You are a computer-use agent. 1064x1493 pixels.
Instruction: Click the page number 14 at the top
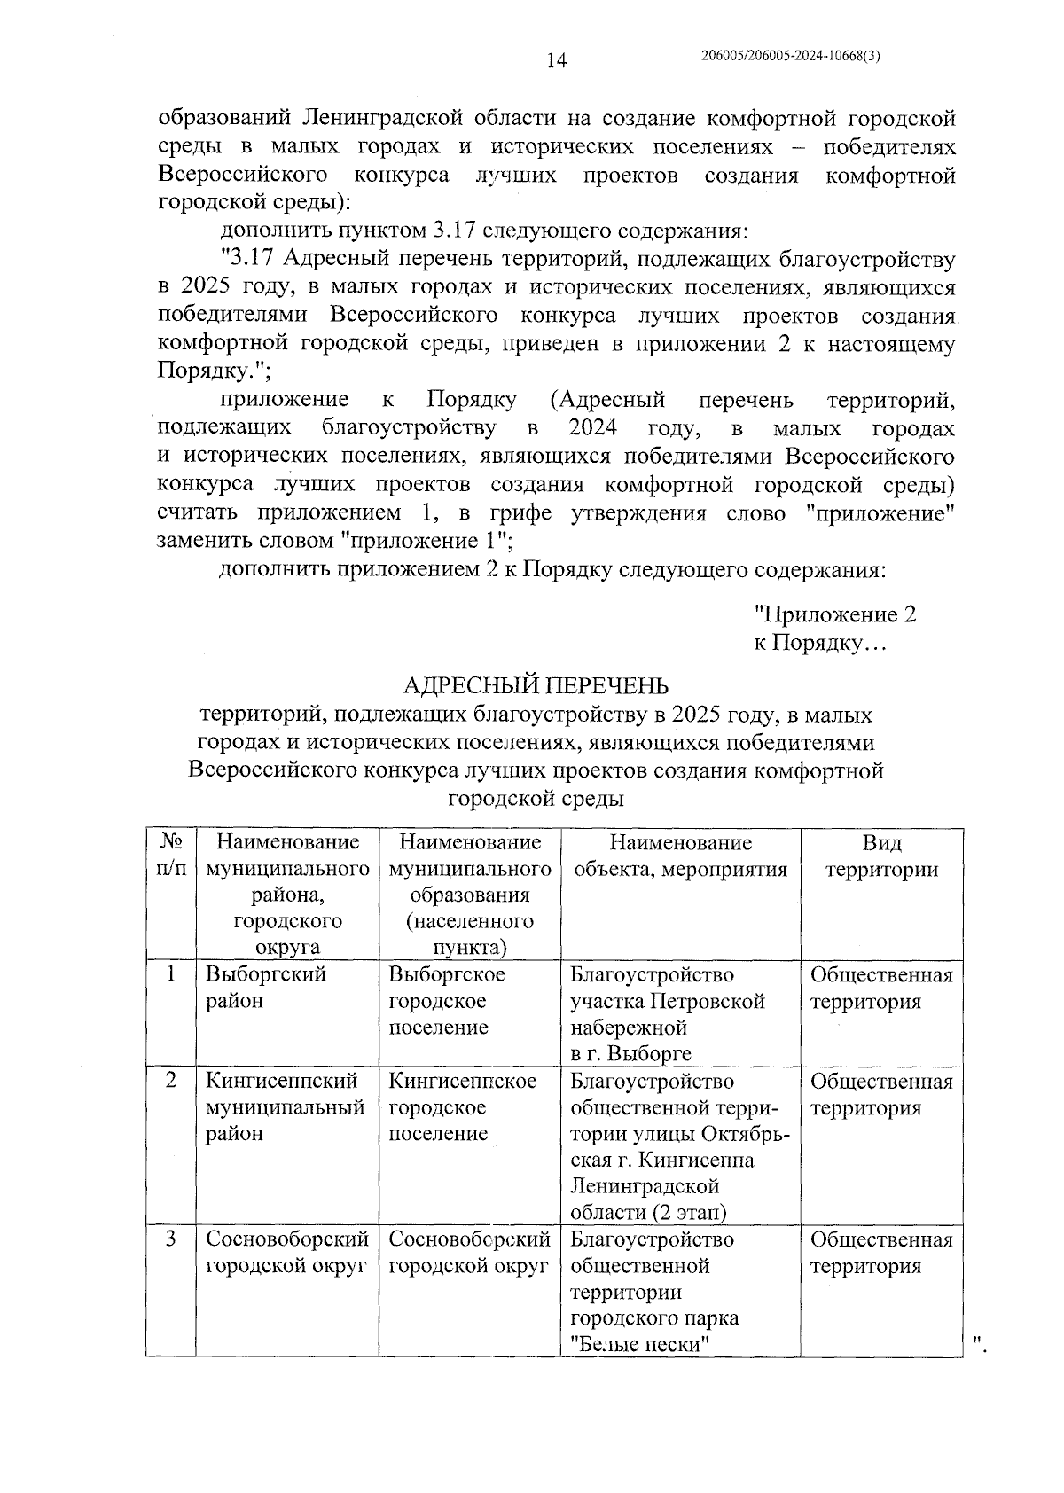click(x=556, y=60)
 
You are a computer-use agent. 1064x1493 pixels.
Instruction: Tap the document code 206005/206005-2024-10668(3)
click(x=790, y=55)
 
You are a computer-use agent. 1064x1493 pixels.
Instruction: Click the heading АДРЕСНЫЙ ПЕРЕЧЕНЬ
click(x=536, y=685)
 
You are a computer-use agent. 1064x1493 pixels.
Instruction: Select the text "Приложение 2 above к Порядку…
click(x=834, y=614)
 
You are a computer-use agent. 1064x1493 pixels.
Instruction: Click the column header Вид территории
click(x=881, y=856)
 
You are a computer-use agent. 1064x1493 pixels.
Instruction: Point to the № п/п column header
click(x=171, y=856)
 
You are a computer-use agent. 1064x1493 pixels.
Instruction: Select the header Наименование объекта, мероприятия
click(x=680, y=856)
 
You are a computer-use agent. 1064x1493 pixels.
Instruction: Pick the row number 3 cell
click(x=170, y=1239)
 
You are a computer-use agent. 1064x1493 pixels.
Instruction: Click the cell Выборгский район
click(x=265, y=987)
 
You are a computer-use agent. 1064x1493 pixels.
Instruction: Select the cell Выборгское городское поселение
click(x=447, y=1000)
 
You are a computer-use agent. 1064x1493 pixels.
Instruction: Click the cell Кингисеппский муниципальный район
click(x=285, y=1106)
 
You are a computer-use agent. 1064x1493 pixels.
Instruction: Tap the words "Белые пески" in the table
click(x=642, y=1344)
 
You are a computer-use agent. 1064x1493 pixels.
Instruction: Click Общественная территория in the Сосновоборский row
click(x=880, y=1252)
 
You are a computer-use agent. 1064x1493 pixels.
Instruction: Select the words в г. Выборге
click(x=630, y=1053)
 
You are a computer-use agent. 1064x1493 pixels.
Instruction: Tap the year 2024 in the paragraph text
click(x=592, y=429)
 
